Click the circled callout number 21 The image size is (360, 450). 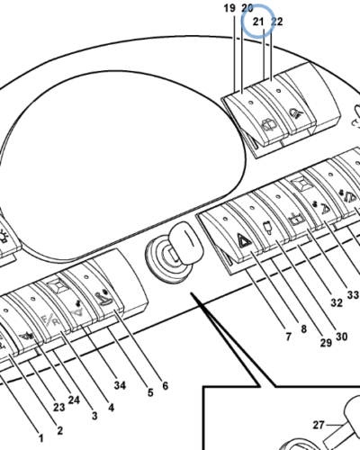pos(258,22)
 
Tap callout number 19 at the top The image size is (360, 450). pos(229,8)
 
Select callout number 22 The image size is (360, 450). pos(277,22)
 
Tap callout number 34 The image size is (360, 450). pos(120,385)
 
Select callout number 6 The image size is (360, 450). pos(166,385)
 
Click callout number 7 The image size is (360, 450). pos(288,337)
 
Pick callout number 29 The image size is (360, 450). pos(326,343)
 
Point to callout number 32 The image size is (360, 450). pos(337,302)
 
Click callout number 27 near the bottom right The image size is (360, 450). pos(319,425)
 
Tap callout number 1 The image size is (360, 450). pos(41,438)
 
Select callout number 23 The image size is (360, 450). pos(59,407)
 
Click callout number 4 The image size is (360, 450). pos(111,408)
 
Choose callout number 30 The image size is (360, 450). pos(341,337)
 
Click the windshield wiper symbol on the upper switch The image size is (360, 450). pos(268,126)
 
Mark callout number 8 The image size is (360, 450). pos(303,328)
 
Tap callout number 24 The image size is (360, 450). pos(74,400)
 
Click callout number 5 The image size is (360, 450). pos(150,392)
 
